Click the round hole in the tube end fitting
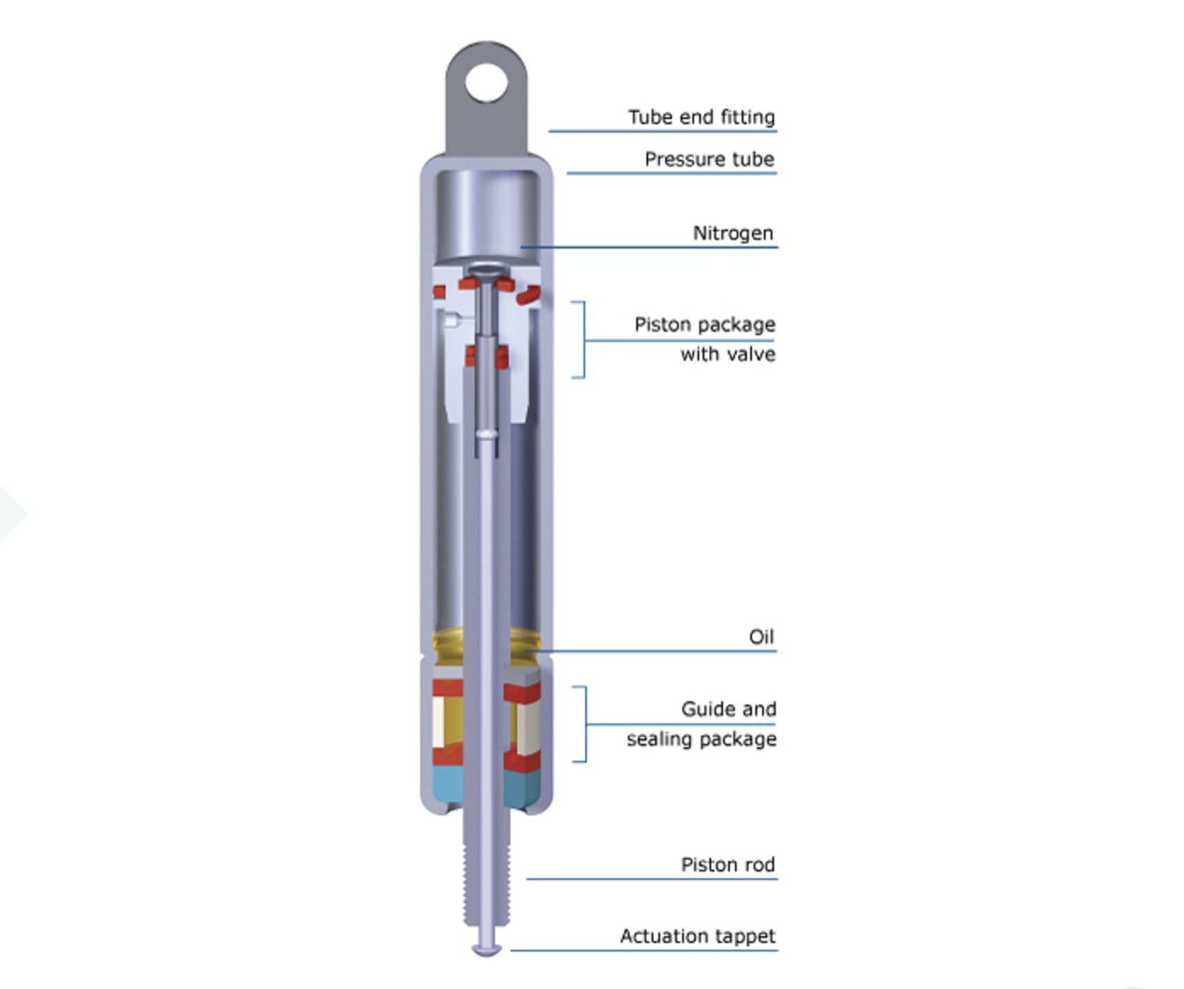487,83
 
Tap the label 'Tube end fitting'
702,117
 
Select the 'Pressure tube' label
710,159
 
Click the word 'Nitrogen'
733,233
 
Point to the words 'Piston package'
705,324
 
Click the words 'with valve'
728,354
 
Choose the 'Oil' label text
762,637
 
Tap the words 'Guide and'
728,709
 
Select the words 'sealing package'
702,739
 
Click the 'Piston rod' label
728,865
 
